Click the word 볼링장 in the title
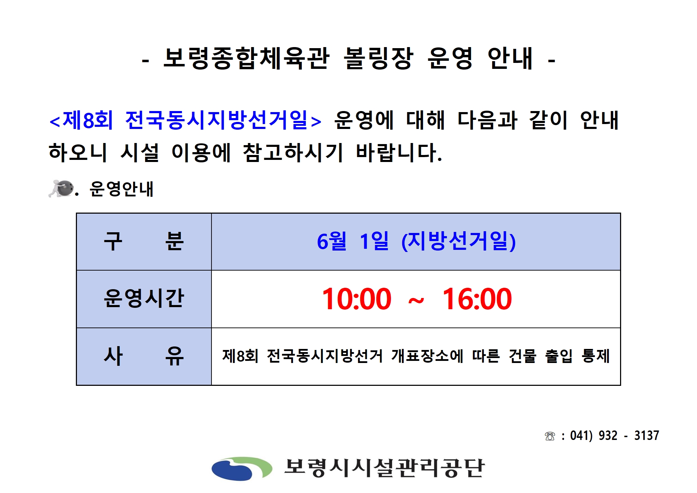point(378,58)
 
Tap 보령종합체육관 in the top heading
point(247,58)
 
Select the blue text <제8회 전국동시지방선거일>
point(185,120)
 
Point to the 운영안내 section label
point(122,189)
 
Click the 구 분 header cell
point(144,242)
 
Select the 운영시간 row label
point(144,299)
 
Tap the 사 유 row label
point(144,356)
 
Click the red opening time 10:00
point(357,299)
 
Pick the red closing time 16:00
point(477,299)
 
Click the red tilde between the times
point(416,301)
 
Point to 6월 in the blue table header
point(332,241)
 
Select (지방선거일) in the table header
point(458,241)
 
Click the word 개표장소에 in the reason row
point(427,356)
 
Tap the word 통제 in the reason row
point(596,356)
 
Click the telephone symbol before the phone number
point(550,436)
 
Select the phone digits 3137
point(646,436)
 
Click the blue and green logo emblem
point(242,468)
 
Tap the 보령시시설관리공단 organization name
point(384,468)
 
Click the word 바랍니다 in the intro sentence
point(399,153)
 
